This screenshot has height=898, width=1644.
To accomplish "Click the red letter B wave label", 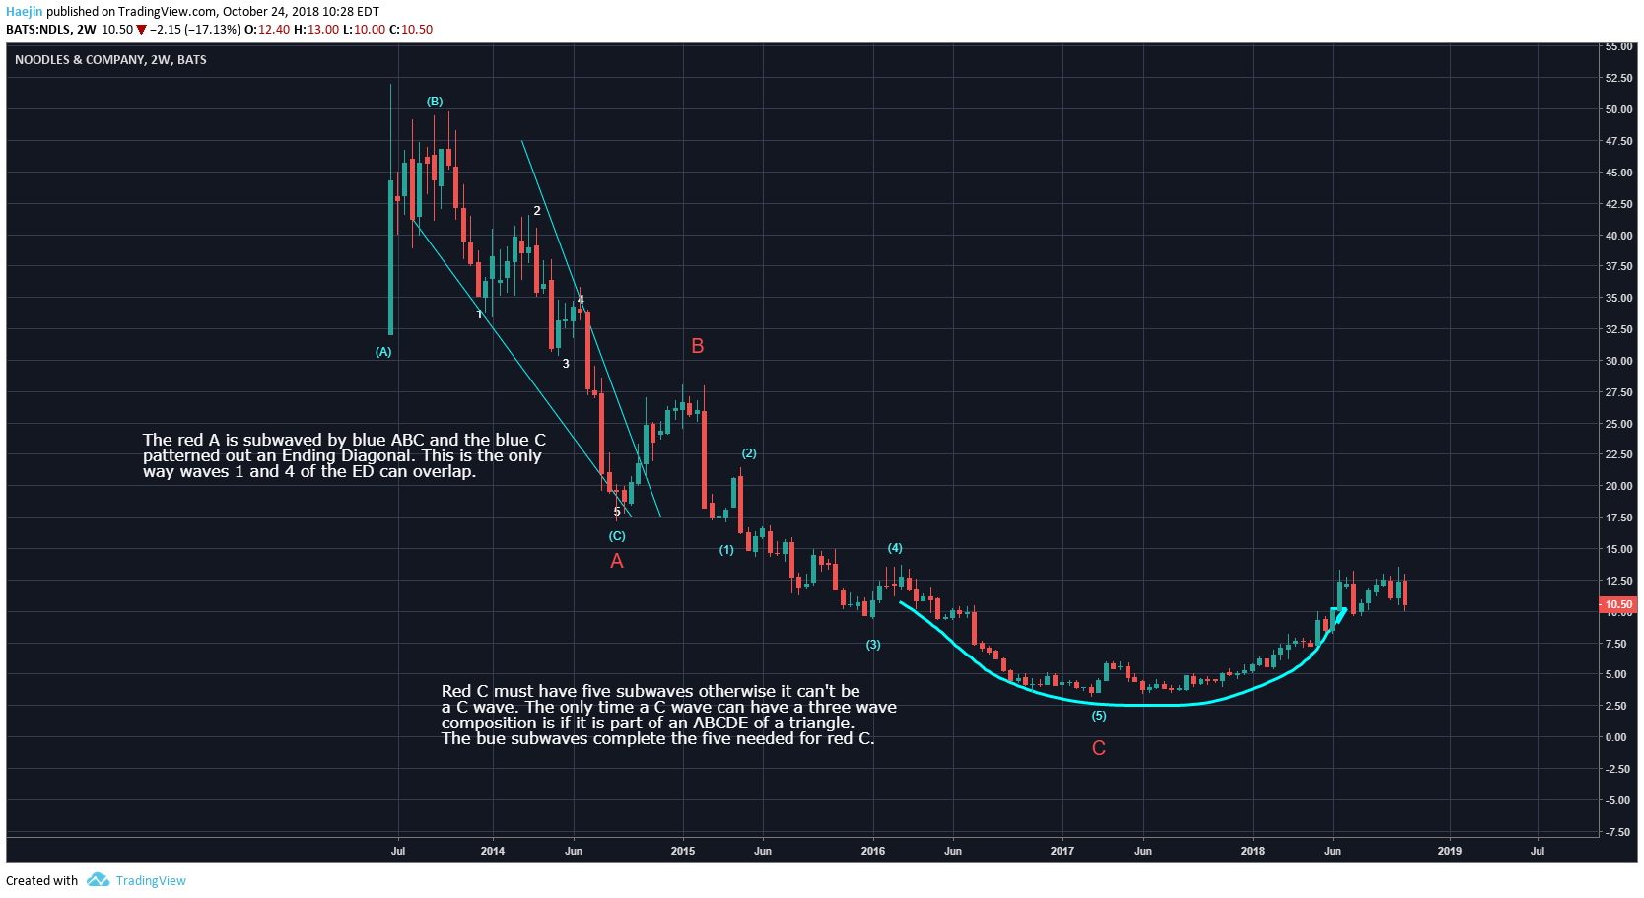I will pyautogui.click(x=698, y=346).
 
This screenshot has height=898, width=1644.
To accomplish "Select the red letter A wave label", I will pyautogui.click(x=617, y=561).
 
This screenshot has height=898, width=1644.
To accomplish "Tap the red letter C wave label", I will pyautogui.click(x=1099, y=748).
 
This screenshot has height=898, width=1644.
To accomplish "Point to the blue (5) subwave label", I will pyautogui.click(x=1099, y=716).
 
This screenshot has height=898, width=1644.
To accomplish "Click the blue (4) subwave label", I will pyautogui.click(x=895, y=548).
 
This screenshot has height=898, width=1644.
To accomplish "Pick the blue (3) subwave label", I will pyautogui.click(x=873, y=645).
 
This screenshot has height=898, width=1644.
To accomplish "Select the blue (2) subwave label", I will pyautogui.click(x=749, y=453).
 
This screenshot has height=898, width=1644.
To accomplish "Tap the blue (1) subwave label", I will pyautogui.click(x=726, y=550).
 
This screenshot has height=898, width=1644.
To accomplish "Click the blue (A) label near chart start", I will pyautogui.click(x=383, y=352).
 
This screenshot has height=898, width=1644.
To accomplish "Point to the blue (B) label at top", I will pyautogui.click(x=435, y=102).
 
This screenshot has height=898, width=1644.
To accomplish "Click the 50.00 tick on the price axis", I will pyautogui.click(x=1618, y=109).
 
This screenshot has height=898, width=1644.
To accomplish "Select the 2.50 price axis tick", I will pyautogui.click(x=1615, y=706).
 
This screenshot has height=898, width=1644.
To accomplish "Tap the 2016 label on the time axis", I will pyautogui.click(x=872, y=851).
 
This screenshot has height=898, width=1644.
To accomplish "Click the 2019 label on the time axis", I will pyautogui.click(x=1449, y=851).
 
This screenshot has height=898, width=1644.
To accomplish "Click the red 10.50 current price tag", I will pyautogui.click(x=1617, y=604).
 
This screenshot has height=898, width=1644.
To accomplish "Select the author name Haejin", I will pyautogui.click(x=25, y=12).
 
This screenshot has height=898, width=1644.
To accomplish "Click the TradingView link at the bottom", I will pyautogui.click(x=150, y=881).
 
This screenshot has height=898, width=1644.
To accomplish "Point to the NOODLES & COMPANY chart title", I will pyautogui.click(x=110, y=60).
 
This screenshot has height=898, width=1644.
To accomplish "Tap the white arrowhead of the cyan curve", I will pyautogui.click(x=1340, y=615).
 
